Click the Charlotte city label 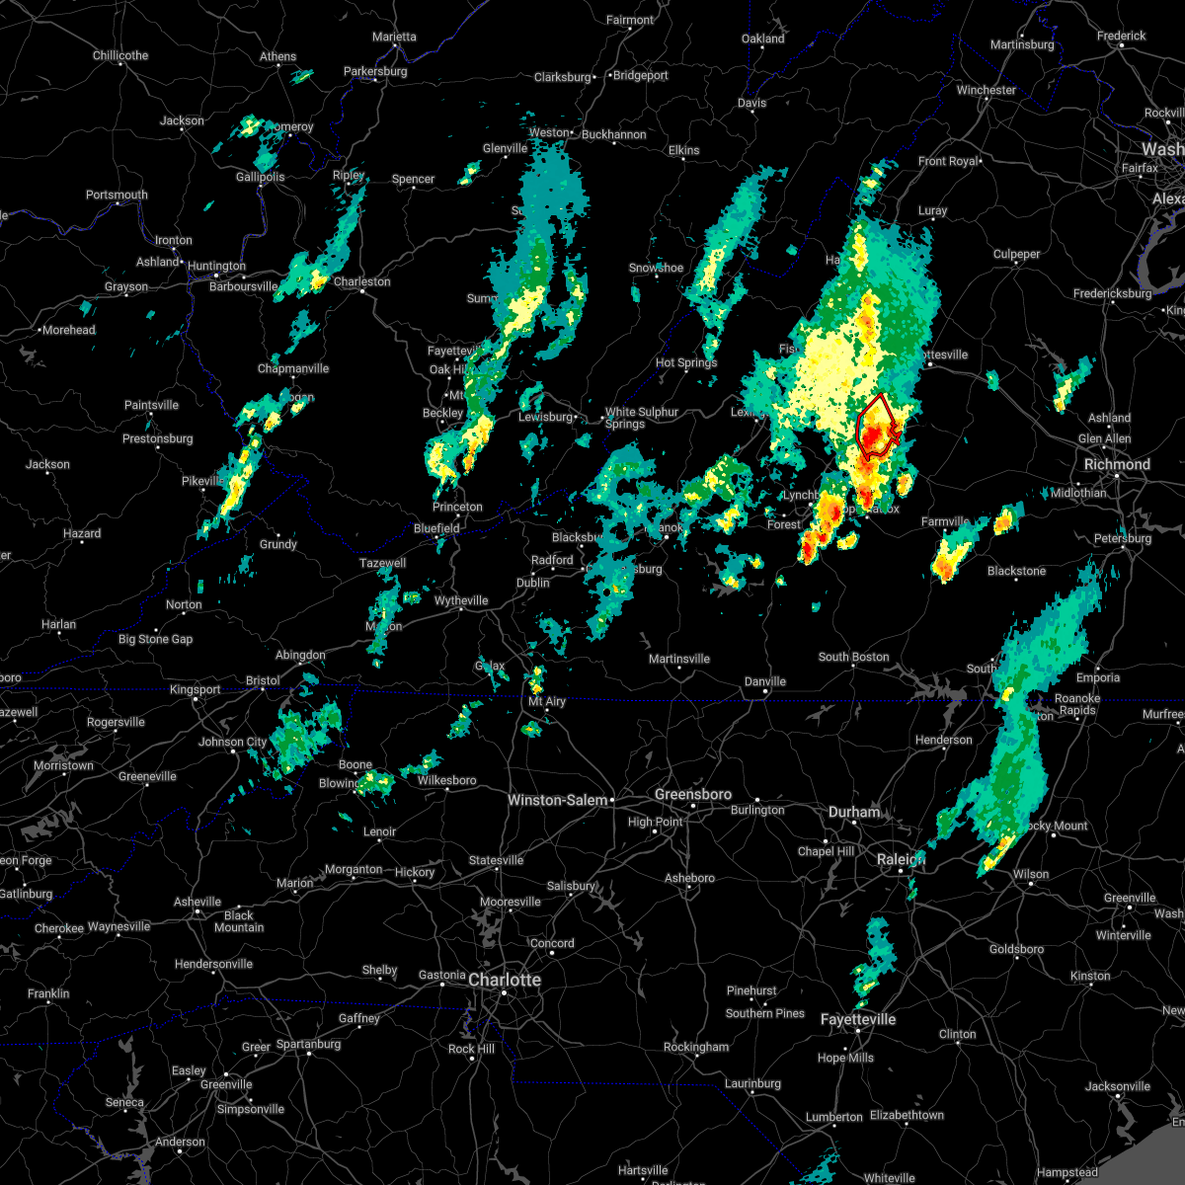pos(505,980)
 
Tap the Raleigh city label pos(899,860)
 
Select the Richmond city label pos(1117,464)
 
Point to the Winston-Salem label pos(557,800)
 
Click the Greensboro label pos(693,794)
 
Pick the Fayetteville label pos(858,1019)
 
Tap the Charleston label pos(361,281)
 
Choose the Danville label pos(765,681)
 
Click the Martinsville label pos(679,659)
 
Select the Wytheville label pos(461,600)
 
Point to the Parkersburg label pos(375,71)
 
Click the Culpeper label pos(1016,254)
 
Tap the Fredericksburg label pos(1112,293)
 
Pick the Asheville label pos(197,902)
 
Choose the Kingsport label pos(196,689)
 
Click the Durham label pos(854,812)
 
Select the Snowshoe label pos(656,268)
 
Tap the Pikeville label pos(202,481)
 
